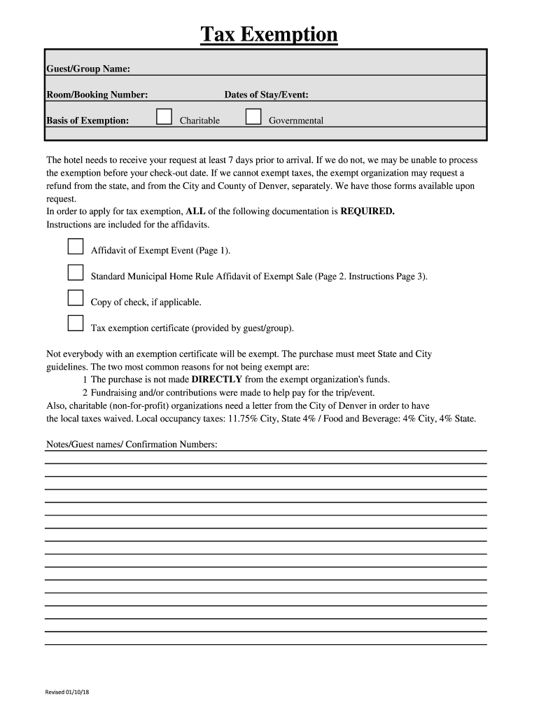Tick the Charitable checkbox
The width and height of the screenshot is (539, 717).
(x=164, y=116)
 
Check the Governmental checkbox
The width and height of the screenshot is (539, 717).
(x=253, y=116)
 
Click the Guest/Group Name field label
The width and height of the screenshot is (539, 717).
(x=88, y=69)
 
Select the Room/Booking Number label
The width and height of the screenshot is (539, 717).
(x=97, y=95)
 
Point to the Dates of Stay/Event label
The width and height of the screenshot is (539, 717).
(x=266, y=95)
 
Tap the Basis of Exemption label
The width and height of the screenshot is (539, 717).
(x=87, y=120)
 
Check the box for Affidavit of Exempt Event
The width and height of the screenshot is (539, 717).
(x=76, y=246)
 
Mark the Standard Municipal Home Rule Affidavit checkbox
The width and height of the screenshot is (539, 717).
(x=76, y=272)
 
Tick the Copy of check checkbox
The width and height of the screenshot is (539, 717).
(x=76, y=298)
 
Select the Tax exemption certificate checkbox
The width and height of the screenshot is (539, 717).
(x=76, y=323)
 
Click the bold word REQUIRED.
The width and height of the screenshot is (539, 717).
(x=367, y=211)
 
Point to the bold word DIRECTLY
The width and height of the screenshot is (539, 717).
(x=217, y=380)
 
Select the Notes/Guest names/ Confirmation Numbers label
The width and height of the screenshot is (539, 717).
(x=132, y=445)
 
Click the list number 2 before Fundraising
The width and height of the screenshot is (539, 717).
(x=85, y=392)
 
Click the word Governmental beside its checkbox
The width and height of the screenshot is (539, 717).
(x=296, y=120)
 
